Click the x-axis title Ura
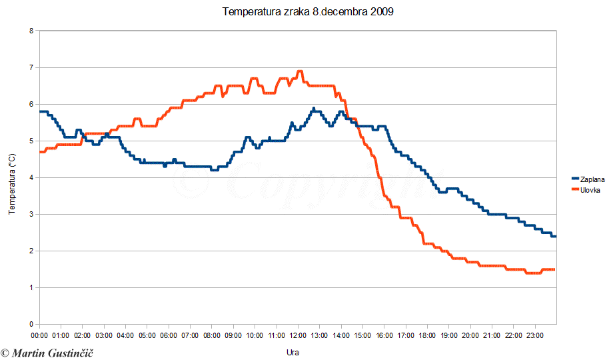pyautogui.click(x=293, y=351)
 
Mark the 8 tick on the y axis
pyautogui.click(x=31, y=31)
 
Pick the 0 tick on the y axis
pyautogui.click(x=31, y=325)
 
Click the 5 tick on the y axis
pyautogui.click(x=31, y=141)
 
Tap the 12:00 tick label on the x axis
pyautogui.click(x=298, y=335)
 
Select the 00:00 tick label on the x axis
pyautogui.click(x=40, y=335)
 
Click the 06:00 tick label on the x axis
pyautogui.click(x=169, y=335)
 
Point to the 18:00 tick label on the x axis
pyautogui.click(x=427, y=335)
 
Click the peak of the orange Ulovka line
pyautogui.click(x=299, y=71)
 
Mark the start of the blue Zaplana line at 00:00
pyautogui.click(x=41, y=111)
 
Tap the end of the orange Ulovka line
pyautogui.click(x=554, y=269)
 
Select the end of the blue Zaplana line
pyautogui.click(x=555, y=237)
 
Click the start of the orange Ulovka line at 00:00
pyautogui.click(x=41, y=152)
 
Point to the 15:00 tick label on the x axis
pyautogui.click(x=362, y=335)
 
